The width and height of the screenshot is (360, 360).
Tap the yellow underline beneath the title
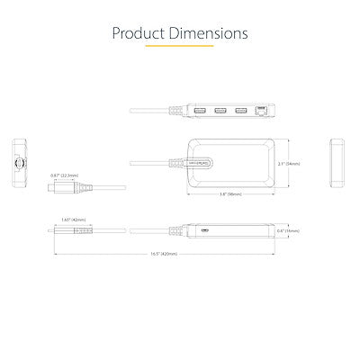[179, 48]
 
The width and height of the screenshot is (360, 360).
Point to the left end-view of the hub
[21, 164]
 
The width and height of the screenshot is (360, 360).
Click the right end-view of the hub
[339, 163]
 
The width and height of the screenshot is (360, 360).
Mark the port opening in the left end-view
[21, 165]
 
